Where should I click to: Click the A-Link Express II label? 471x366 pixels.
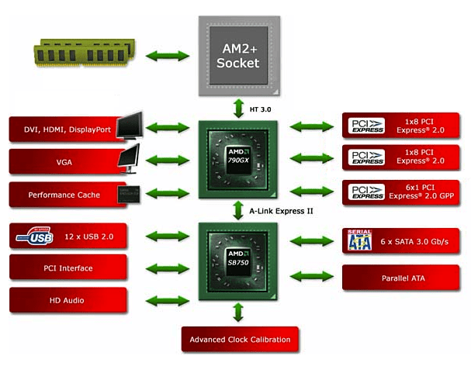coord(285,210)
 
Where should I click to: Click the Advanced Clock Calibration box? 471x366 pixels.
coord(239,340)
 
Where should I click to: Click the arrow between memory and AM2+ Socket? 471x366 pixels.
coord(165,56)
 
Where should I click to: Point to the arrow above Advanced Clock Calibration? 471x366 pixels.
coord(238,312)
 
